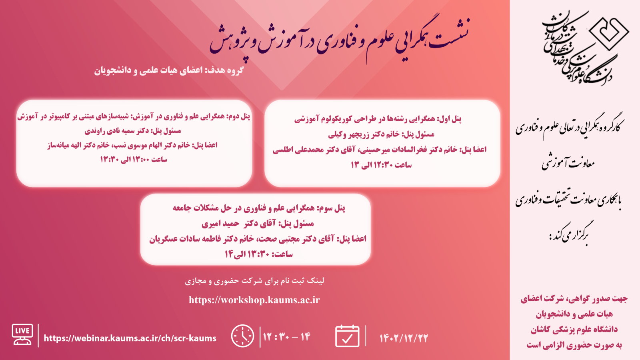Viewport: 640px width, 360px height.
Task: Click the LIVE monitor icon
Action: point(22,334)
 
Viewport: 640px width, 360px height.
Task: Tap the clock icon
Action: point(242,336)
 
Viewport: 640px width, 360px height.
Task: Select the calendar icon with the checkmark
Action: point(347,336)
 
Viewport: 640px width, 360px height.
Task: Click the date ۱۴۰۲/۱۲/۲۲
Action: point(404,338)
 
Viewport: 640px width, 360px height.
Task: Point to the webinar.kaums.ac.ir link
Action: point(130,338)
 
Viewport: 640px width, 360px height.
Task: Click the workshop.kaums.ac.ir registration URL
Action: point(254,300)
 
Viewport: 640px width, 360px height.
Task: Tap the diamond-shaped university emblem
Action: point(609,34)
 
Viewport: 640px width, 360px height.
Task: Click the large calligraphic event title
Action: point(340,38)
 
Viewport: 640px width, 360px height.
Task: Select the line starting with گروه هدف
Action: point(169,70)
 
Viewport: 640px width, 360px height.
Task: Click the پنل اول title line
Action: point(378,119)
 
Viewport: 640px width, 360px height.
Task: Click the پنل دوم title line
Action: point(134,116)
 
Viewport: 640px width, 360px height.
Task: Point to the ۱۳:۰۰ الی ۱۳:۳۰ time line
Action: point(134,160)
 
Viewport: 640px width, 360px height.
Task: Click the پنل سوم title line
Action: point(259,208)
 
